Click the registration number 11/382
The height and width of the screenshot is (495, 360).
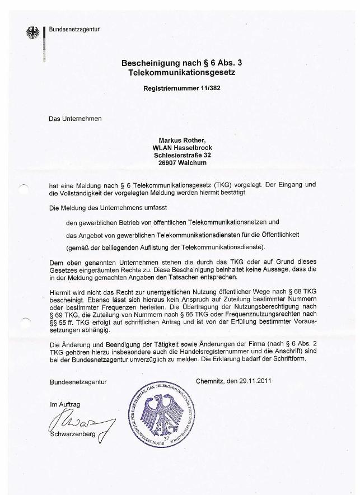point(204,88)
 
